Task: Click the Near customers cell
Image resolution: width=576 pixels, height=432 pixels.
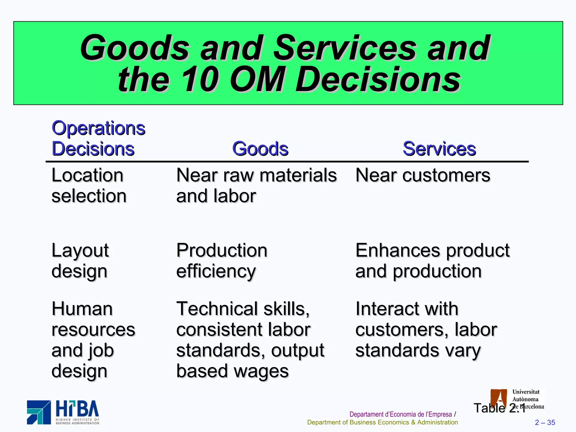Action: (x=423, y=175)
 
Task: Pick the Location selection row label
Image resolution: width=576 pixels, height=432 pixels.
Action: (x=89, y=185)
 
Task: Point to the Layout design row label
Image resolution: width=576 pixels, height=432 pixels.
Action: (x=80, y=260)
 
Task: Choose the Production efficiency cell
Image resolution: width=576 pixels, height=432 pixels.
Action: (x=222, y=260)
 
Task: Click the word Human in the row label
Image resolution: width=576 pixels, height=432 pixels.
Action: (x=82, y=309)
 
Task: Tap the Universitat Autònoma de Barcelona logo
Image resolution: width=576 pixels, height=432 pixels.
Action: (x=517, y=399)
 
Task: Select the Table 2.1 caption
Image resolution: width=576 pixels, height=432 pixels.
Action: (x=499, y=408)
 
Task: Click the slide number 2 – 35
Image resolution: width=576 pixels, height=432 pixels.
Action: (x=545, y=422)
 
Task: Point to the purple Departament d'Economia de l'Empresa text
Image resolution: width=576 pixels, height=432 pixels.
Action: (x=400, y=414)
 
